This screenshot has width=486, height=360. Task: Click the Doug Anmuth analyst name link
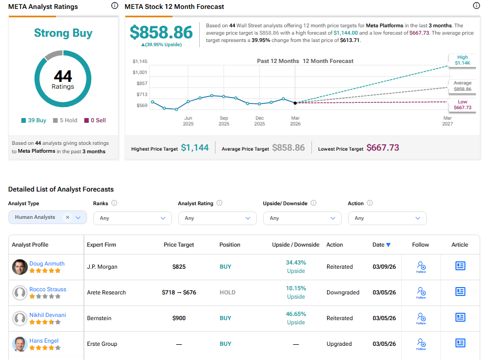[x=47, y=263]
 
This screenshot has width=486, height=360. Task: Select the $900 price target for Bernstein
[x=179, y=318]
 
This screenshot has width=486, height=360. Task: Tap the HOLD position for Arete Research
[x=227, y=292]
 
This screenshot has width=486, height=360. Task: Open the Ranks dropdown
[x=132, y=218]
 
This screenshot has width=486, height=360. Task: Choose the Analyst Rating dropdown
[x=217, y=218]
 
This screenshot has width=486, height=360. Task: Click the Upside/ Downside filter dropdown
[x=302, y=218]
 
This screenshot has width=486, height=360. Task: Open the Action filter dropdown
[x=387, y=218]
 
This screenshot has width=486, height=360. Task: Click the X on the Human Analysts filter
[x=68, y=217]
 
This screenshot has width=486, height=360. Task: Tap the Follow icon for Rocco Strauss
[x=420, y=292]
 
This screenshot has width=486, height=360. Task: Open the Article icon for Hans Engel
[x=460, y=343]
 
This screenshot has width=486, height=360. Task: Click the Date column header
[x=381, y=245]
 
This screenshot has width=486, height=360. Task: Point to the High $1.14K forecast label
[x=462, y=60]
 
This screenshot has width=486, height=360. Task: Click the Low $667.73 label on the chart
[x=461, y=105]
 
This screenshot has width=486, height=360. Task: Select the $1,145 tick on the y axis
[x=140, y=61]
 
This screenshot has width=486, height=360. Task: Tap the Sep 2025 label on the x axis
[x=224, y=121]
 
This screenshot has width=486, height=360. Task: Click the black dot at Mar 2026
[x=295, y=103]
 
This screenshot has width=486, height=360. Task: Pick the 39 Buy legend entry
[x=34, y=120]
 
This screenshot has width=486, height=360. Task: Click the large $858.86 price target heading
[x=161, y=33]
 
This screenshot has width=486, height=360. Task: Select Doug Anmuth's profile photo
[x=20, y=267]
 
